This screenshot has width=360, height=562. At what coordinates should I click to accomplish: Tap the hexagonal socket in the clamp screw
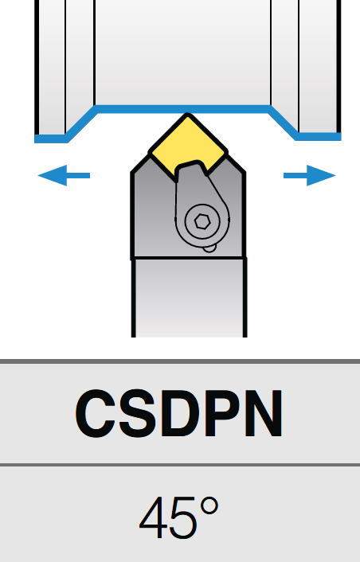coord(202,222)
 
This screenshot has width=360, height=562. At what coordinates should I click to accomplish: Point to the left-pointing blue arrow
coord(64,175)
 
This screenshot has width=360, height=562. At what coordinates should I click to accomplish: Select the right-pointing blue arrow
coord(310,175)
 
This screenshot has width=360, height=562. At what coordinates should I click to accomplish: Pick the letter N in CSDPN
coord(262,414)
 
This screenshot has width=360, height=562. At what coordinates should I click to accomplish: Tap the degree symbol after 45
coord(209,507)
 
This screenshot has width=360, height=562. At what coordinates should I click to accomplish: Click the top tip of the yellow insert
coord(187,115)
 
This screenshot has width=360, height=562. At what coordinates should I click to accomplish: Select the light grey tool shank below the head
coord(190,298)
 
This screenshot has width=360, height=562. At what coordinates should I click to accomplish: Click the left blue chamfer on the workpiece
coord(82,124)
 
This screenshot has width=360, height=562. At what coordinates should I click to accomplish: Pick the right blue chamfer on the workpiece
coord(284,123)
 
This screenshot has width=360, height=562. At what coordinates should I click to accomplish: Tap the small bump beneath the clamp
coord(209,248)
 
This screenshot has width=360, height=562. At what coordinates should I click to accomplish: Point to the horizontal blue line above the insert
coord(183,109)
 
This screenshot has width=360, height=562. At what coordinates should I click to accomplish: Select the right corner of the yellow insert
coord(226,154)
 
